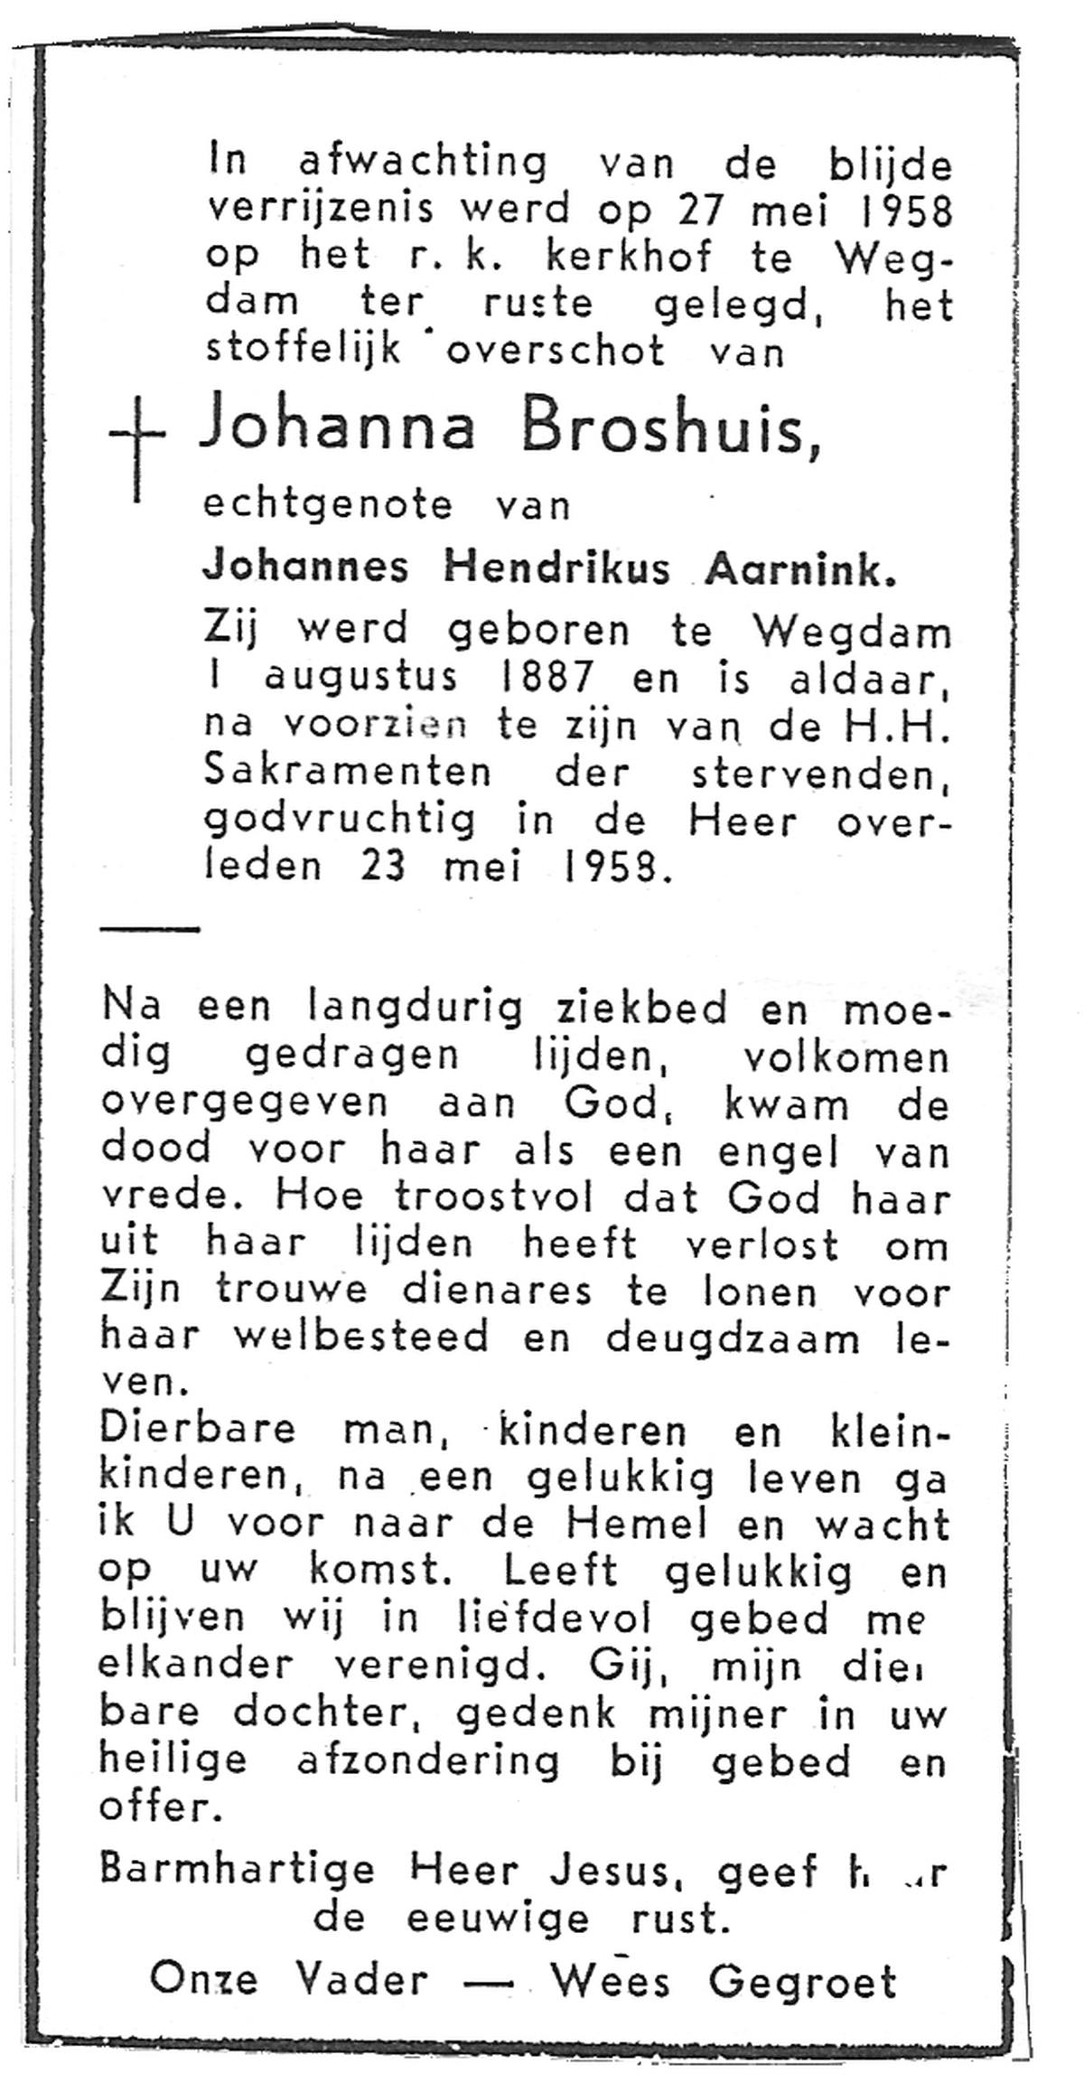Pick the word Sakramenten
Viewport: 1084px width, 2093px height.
349,774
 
